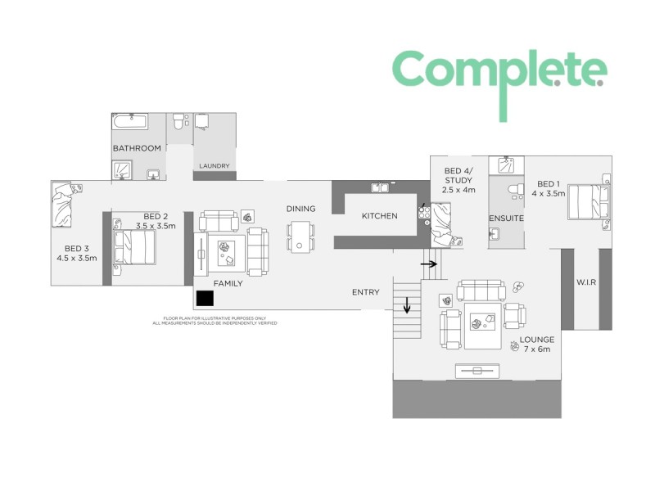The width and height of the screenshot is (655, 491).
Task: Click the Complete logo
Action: (x=499, y=72)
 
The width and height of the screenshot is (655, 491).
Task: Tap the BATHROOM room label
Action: (x=137, y=148)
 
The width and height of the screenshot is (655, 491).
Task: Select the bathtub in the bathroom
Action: (x=130, y=123)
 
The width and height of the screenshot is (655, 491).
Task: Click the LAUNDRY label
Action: (x=215, y=166)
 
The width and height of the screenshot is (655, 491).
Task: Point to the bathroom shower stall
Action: (x=123, y=170)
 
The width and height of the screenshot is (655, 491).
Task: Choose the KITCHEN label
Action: (x=379, y=216)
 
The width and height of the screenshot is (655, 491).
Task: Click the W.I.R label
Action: (x=585, y=283)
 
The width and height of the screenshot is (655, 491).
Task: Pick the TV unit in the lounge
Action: (x=477, y=371)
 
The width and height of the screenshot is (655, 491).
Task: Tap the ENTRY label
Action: (x=365, y=292)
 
